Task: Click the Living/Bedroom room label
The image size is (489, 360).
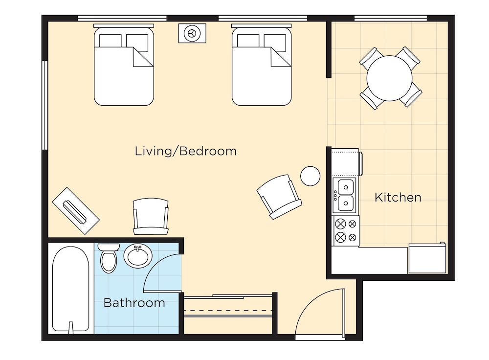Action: (x=185, y=151)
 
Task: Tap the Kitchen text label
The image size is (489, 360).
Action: (x=398, y=198)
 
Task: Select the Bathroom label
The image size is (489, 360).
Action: (x=134, y=303)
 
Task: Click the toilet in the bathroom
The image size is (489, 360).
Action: (x=109, y=258)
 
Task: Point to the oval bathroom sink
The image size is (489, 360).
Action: (x=138, y=256)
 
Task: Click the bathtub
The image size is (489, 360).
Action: (x=71, y=289)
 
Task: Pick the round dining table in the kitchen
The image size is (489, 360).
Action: (x=389, y=78)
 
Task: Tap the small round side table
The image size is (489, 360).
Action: (x=311, y=176)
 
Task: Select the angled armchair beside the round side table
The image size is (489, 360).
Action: (x=279, y=197)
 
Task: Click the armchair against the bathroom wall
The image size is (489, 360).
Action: (x=151, y=216)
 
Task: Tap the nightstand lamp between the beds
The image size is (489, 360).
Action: (x=192, y=33)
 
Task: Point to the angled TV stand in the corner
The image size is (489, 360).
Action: (x=76, y=211)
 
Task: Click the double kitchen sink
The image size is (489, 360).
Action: (x=344, y=196)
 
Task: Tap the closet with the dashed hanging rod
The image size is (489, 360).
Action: (x=228, y=314)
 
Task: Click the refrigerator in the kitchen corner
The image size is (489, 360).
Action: (x=427, y=258)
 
